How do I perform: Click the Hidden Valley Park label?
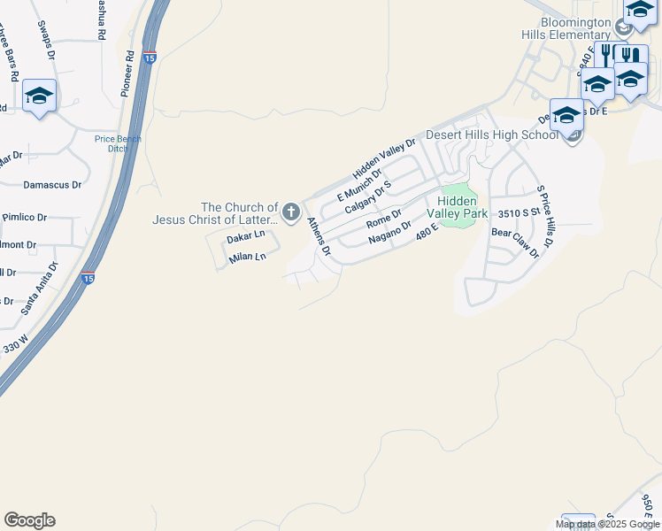tap(458, 207)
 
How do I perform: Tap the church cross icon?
tap(290, 212)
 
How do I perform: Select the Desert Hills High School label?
tap(492, 135)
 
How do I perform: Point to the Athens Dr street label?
tap(319, 236)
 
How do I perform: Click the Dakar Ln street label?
tap(245, 237)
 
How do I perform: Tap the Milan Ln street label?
tap(247, 258)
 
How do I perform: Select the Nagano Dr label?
tap(389, 232)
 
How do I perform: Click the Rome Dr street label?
tap(383, 218)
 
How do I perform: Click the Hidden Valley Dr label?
tap(384, 158)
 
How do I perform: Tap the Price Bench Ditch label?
tap(112, 143)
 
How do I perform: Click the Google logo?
tap(29, 520)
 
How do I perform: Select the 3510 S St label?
tap(520, 214)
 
